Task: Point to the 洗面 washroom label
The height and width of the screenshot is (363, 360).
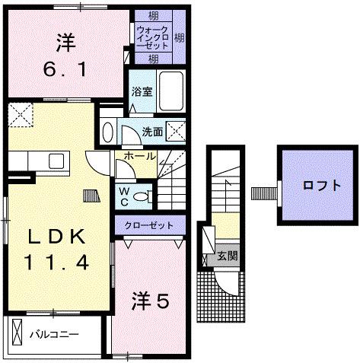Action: pyautogui.click(x=152, y=131)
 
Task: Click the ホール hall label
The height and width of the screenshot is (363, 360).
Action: pyautogui.click(x=135, y=156)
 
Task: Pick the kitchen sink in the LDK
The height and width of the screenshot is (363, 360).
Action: pyautogui.click(x=56, y=161)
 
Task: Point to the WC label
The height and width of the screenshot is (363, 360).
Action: pyautogui.click(x=123, y=196)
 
